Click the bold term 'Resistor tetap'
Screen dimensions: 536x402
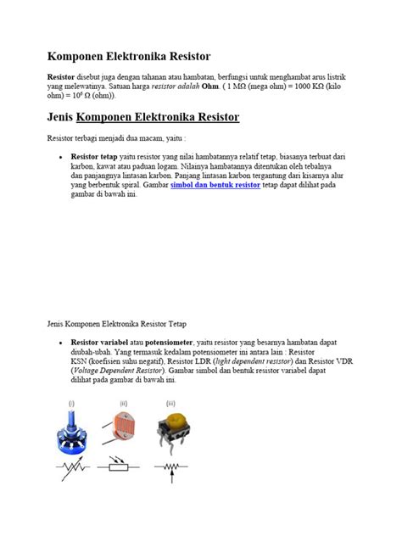coord(95,157)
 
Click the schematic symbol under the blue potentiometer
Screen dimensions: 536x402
coord(75,466)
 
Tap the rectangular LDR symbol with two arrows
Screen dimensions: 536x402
coord(123,466)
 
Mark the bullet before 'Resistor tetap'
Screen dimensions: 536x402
coord(60,158)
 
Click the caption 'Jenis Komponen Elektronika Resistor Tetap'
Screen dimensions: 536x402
coord(126,324)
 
